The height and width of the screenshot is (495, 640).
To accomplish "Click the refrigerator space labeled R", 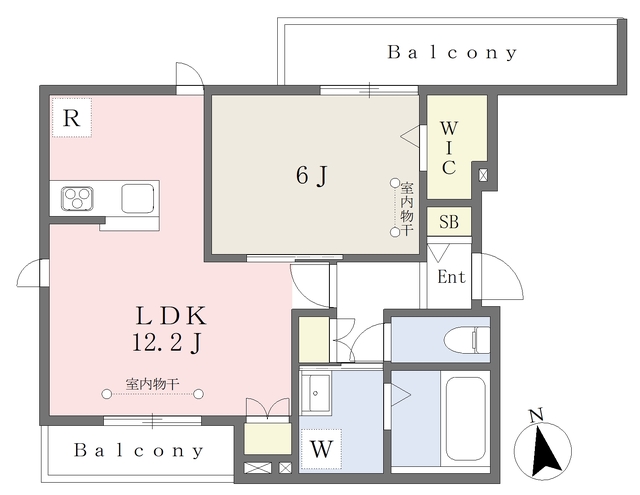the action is point(71,118).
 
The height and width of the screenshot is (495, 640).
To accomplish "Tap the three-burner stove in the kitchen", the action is point(77,199).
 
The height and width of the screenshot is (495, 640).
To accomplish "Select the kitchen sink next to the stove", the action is point(138,198).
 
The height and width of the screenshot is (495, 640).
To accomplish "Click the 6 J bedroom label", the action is point(312,176).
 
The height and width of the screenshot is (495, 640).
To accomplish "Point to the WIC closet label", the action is point(449,148).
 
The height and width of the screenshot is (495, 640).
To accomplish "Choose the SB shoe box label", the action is point(449,221).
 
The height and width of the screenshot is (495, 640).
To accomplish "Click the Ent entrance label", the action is point(451,277).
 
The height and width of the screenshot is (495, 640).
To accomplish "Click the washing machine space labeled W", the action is point(321,449).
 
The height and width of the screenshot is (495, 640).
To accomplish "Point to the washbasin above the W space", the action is point(320,393).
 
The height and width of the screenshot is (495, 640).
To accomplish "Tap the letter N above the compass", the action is point(536,415).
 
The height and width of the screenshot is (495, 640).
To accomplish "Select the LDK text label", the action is point(171,316).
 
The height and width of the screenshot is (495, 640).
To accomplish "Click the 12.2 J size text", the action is point(167,343).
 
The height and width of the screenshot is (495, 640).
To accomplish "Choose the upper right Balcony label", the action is point(452,53).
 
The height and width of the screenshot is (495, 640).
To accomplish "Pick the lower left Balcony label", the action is point(138,450).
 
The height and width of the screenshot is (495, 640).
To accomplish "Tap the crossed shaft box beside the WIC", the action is point(483,175).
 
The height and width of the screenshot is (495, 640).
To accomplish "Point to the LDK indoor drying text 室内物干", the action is point(152,384).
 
